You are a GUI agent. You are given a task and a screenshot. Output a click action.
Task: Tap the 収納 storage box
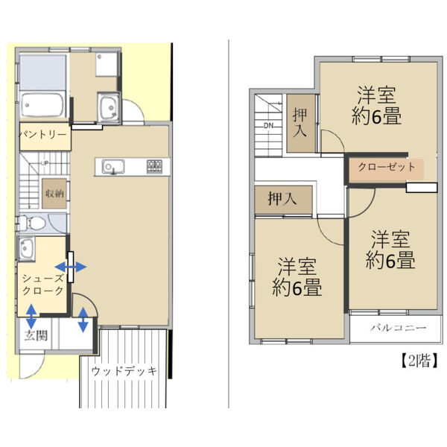54,193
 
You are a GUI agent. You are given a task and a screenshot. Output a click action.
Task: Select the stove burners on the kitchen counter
155,165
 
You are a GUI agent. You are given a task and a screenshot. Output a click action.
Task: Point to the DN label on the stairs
268,125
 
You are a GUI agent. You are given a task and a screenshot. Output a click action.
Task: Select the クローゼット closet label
387,167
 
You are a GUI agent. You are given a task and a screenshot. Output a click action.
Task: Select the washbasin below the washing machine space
109,107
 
